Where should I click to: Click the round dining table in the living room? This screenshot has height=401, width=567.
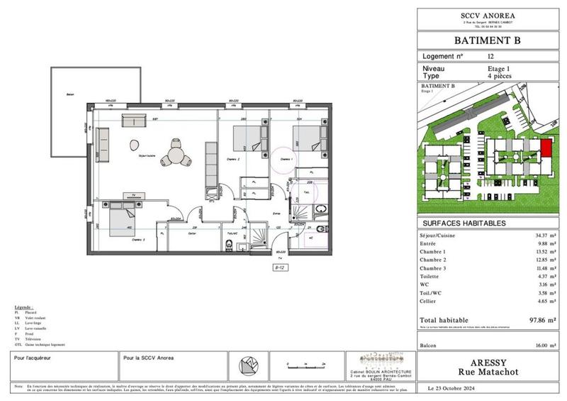tap(174, 150)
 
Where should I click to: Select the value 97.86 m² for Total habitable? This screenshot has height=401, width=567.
tap(541, 320)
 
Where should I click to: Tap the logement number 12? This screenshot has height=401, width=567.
tap(491, 56)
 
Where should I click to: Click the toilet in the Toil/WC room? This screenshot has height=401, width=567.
tap(228, 246)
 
